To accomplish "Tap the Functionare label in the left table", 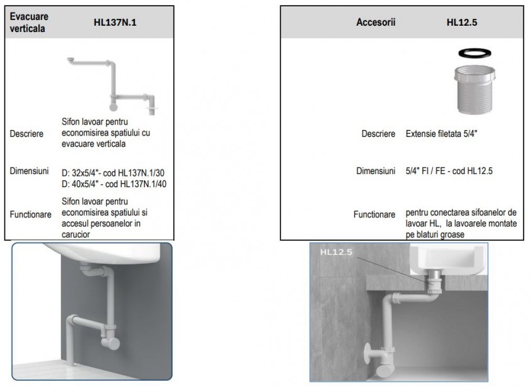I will pyautogui.click(x=31, y=214).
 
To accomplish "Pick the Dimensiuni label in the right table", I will pyautogui.click(x=375, y=171).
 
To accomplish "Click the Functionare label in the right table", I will pyautogui.click(x=375, y=214).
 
